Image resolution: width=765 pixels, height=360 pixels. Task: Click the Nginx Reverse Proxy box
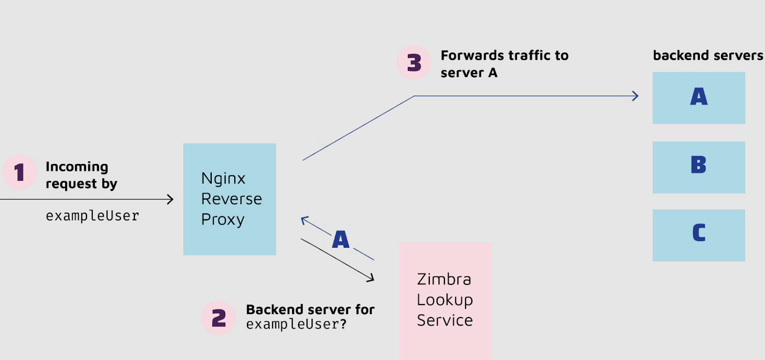(x=229, y=199)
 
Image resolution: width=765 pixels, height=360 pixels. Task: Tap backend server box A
(x=699, y=98)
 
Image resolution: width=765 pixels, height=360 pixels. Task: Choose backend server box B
(x=699, y=167)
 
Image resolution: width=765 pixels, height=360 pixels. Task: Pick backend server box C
(x=699, y=235)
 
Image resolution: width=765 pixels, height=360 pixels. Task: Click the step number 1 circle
(x=20, y=172)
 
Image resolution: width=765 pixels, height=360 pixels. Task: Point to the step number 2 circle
(x=219, y=318)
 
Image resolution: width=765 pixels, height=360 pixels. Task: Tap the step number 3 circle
(x=414, y=63)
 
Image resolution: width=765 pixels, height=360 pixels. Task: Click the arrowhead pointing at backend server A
(x=635, y=96)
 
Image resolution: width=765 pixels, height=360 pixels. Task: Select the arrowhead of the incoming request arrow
(x=170, y=199)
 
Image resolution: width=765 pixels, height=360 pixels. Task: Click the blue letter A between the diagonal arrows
(x=341, y=240)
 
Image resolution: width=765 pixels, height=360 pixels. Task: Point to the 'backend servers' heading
(x=708, y=55)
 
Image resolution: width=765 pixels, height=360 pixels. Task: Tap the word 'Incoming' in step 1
(x=76, y=167)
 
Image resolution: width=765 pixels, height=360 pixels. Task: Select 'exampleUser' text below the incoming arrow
(x=92, y=216)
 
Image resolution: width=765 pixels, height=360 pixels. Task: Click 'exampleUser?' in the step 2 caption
(x=296, y=325)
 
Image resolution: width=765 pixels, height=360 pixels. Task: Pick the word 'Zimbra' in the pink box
(x=444, y=279)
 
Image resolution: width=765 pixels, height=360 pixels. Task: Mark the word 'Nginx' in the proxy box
(x=223, y=178)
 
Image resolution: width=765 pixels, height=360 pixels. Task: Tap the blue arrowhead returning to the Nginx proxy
(x=304, y=220)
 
